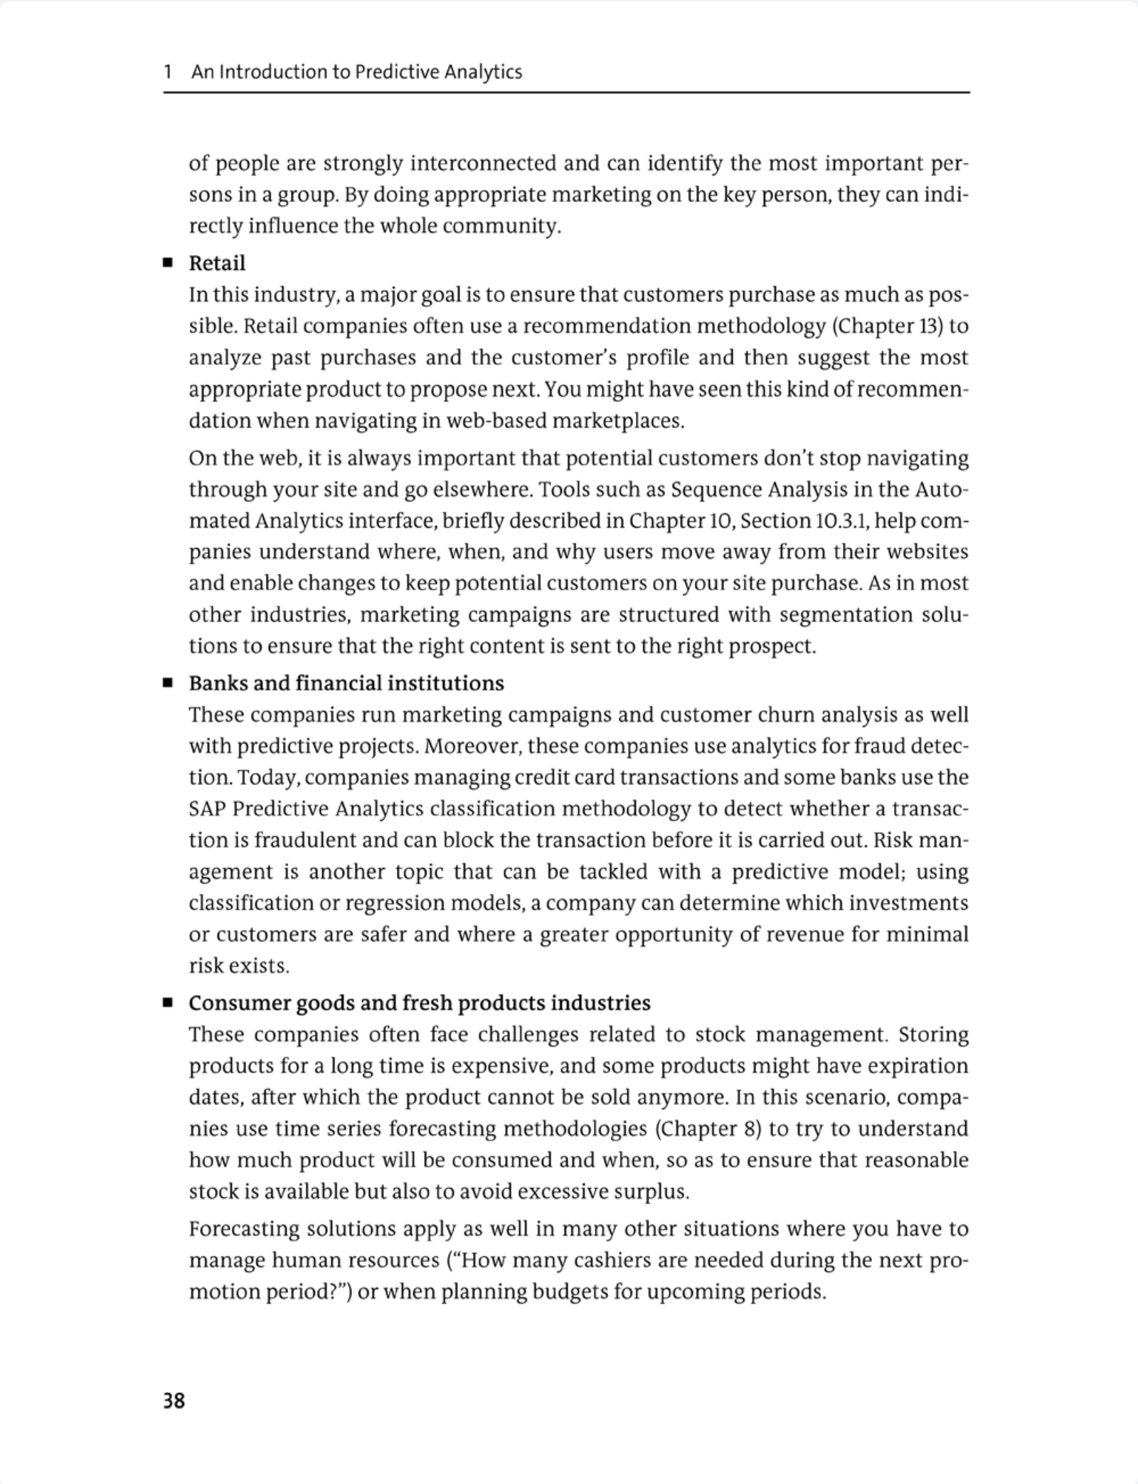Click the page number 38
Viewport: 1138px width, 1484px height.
coord(174,1400)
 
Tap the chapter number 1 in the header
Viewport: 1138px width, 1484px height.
coord(168,72)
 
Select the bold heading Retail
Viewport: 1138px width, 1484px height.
coord(217,263)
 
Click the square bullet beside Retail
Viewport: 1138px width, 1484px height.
coord(168,263)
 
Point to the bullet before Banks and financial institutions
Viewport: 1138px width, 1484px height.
coord(168,683)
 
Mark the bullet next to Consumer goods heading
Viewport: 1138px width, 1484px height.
coord(168,1003)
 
